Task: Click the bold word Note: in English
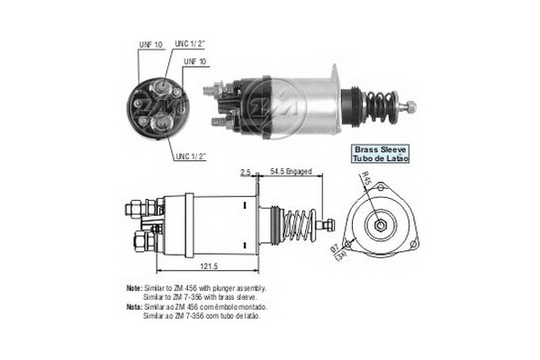136,288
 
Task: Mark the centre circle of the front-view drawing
381,221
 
